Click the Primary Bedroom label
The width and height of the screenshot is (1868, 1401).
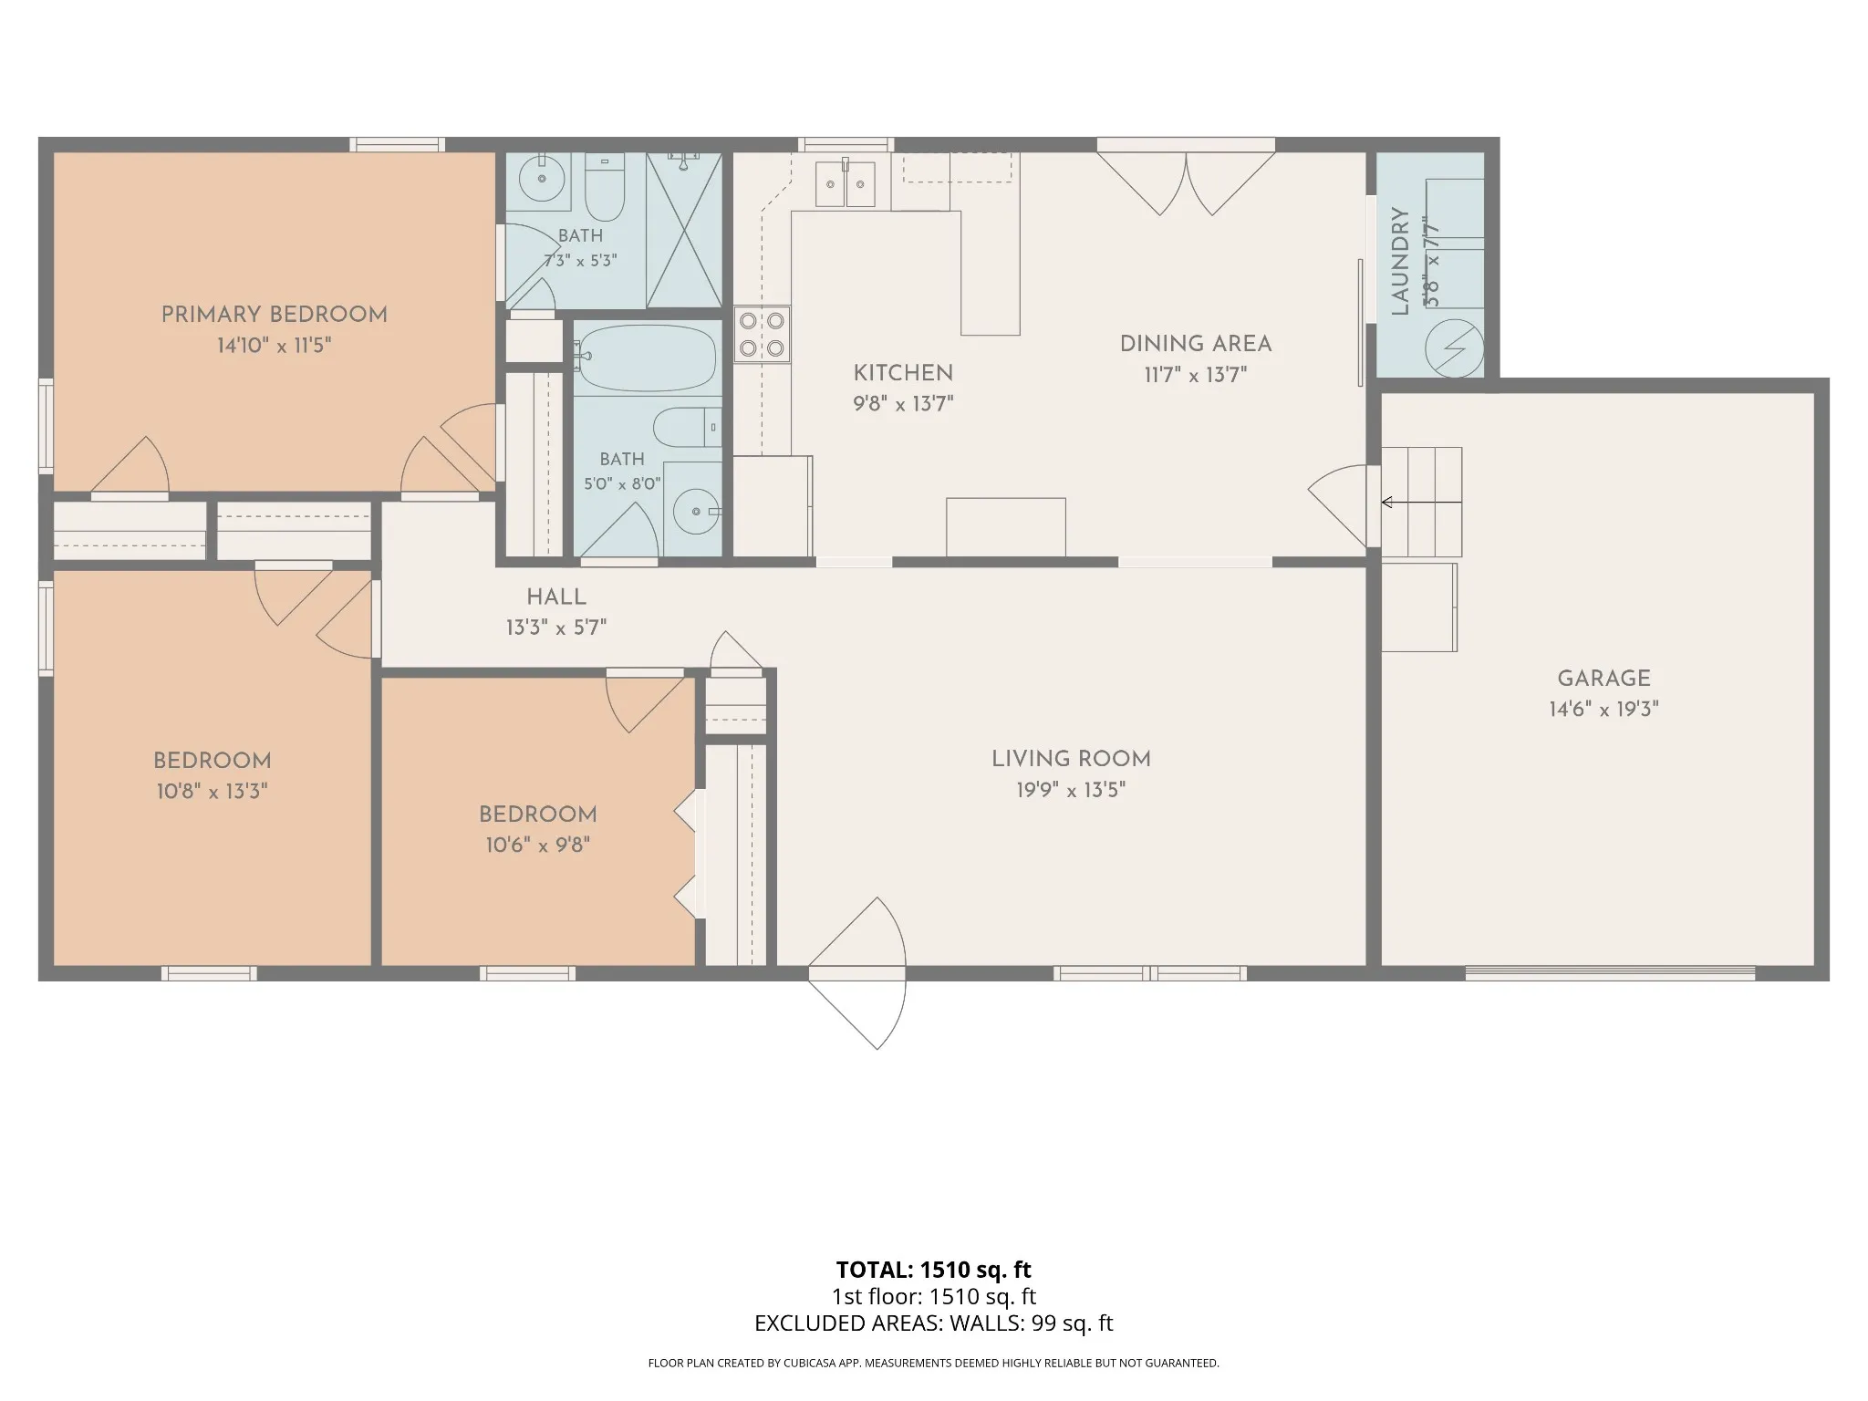(x=274, y=315)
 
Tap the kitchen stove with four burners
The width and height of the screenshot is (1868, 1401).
(x=762, y=334)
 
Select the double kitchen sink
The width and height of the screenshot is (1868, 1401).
(x=846, y=184)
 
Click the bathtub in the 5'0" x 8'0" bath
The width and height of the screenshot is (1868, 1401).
(x=647, y=359)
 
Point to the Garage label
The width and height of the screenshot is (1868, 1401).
(x=1603, y=679)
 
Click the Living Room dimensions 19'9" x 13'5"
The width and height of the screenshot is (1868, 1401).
(x=1071, y=790)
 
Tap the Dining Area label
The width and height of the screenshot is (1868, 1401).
(x=1196, y=344)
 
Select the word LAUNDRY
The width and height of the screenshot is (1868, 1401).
(x=1401, y=262)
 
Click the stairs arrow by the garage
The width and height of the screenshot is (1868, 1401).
(x=1421, y=502)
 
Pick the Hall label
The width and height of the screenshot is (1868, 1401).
(x=556, y=597)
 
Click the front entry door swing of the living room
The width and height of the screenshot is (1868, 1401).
(x=857, y=973)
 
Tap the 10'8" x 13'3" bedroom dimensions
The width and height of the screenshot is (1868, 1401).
(x=212, y=792)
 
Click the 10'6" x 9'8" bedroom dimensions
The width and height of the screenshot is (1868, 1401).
(x=537, y=846)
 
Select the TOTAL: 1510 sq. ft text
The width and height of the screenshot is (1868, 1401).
(x=933, y=1270)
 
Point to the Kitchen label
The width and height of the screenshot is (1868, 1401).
(x=903, y=373)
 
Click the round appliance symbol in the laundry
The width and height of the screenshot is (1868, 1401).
(x=1455, y=348)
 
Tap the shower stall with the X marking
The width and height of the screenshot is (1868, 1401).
(x=684, y=230)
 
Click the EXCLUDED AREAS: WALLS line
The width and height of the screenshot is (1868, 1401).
(x=933, y=1323)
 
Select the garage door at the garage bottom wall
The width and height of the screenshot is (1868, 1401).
(x=1610, y=973)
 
